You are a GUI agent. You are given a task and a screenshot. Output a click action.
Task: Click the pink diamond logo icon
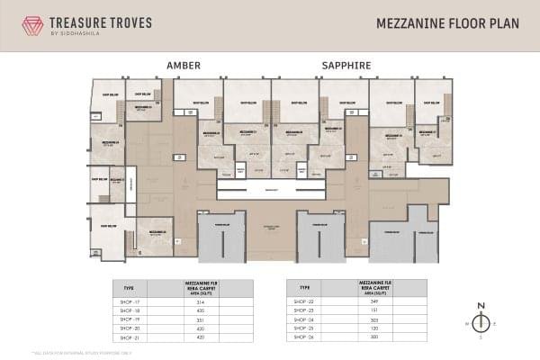(33, 25)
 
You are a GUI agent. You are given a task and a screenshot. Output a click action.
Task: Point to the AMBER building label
(184, 66)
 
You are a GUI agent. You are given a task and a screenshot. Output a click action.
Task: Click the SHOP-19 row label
(130, 319)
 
